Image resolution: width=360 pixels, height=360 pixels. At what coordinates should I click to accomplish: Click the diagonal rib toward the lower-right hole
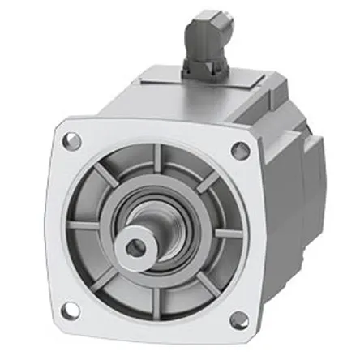pyautogui.click(x=203, y=284)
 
